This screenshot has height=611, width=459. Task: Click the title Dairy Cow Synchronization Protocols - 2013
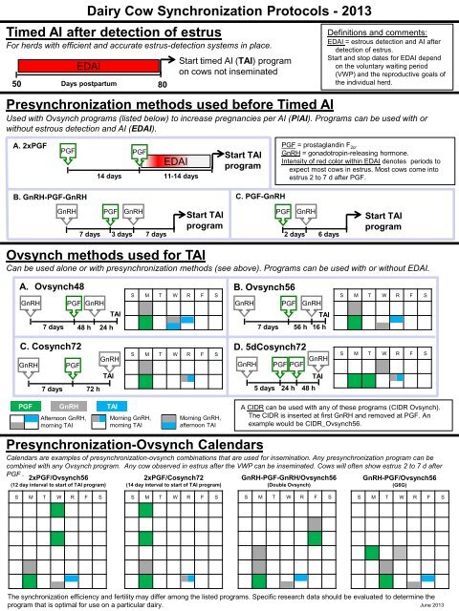tap(229, 10)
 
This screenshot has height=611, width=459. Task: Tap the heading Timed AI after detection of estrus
tap(102, 29)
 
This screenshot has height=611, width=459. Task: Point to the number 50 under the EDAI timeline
tap(16, 84)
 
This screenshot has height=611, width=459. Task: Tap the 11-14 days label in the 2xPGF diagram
tap(180, 177)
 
